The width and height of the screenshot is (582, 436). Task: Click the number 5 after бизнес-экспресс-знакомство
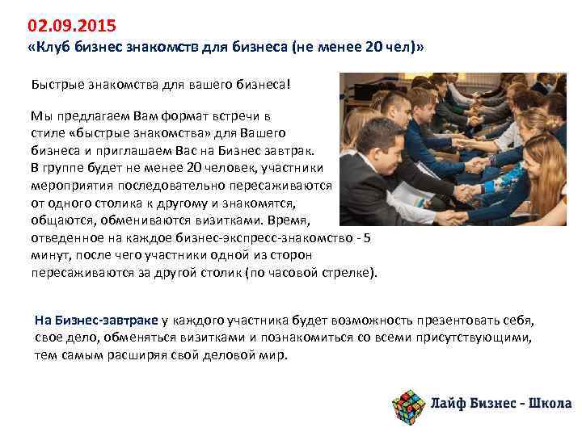(x=368, y=237)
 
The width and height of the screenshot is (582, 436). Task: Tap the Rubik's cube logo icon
(x=407, y=402)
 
